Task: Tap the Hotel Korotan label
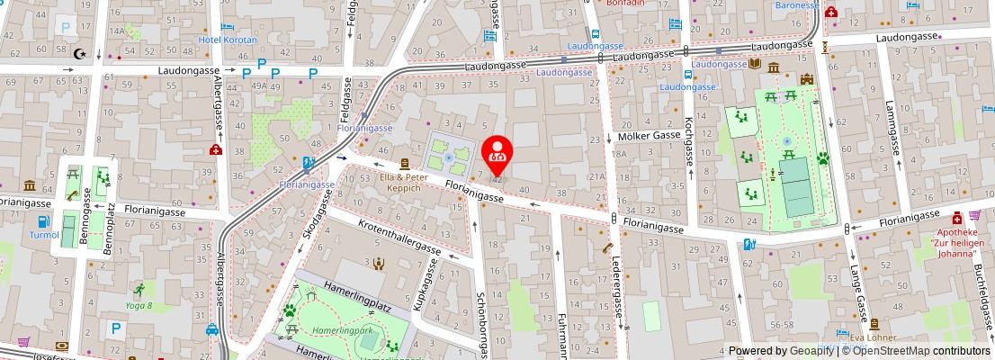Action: [228, 40]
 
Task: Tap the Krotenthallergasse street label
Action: [398, 237]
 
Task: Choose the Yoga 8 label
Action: [138, 305]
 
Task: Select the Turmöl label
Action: [43, 234]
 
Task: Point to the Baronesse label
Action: [797, 4]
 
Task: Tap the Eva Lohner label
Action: [869, 337]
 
